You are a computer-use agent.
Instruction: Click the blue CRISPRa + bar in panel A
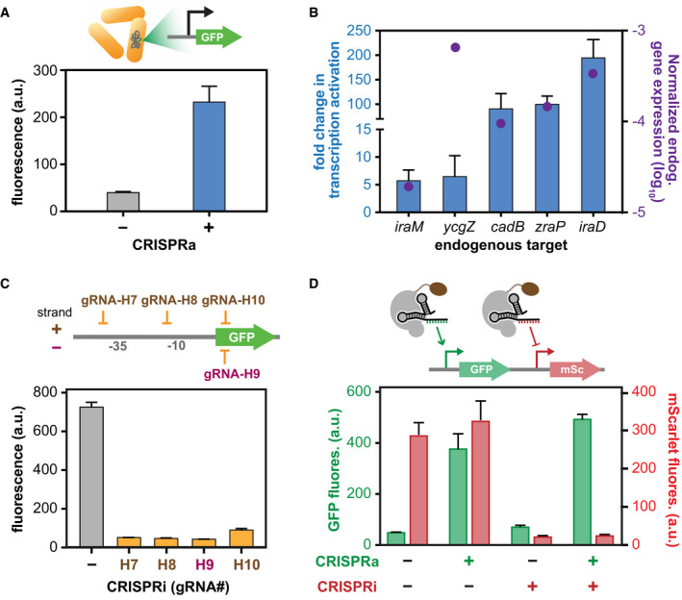click(209, 157)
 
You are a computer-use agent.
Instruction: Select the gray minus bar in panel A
click(123, 202)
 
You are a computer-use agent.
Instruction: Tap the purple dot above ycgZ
click(455, 47)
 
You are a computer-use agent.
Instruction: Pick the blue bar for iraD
click(593, 135)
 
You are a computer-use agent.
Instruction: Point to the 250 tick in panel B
click(359, 31)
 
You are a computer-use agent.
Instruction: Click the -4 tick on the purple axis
click(637, 121)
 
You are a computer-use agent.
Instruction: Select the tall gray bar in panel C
click(91, 477)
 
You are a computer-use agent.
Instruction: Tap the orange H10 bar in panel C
click(241, 538)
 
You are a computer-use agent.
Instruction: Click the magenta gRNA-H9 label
click(232, 373)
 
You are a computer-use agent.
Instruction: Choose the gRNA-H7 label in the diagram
click(109, 300)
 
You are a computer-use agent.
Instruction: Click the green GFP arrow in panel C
click(246, 337)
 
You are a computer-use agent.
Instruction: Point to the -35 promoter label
click(117, 346)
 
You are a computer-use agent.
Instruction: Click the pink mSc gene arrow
click(575, 369)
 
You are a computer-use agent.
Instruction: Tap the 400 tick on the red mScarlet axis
click(644, 391)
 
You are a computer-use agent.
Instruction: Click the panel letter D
click(314, 284)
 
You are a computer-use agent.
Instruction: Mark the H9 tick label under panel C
click(205, 564)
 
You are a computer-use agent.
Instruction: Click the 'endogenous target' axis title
click(501, 245)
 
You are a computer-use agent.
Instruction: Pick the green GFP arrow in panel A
click(218, 37)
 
